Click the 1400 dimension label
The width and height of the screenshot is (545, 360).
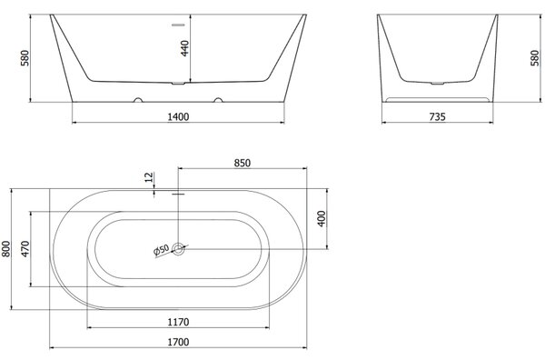[178, 117]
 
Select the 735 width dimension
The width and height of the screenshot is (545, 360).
[437, 117]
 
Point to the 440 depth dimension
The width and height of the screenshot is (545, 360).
[185, 48]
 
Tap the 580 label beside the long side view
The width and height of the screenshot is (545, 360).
[25, 58]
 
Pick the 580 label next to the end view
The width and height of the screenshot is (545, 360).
[535, 58]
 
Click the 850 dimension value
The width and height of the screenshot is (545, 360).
[242, 163]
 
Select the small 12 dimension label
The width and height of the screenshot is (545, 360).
[149, 177]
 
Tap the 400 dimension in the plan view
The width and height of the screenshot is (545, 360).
[322, 219]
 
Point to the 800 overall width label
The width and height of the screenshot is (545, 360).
[6, 249]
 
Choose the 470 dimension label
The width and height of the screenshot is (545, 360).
[25, 249]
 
